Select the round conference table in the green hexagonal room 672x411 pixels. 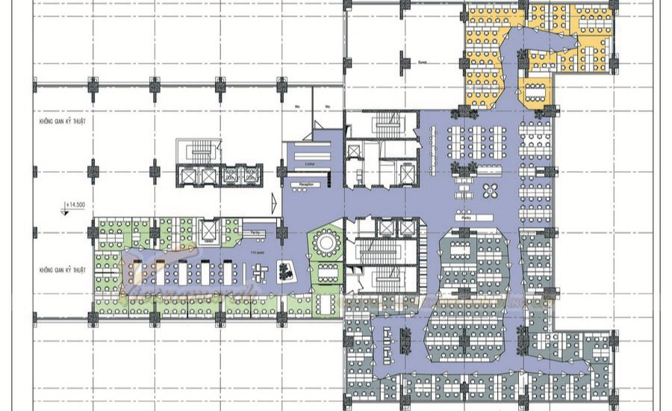point(326,241)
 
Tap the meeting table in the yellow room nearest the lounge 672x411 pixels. point(537,90)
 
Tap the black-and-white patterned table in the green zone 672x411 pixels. point(285,271)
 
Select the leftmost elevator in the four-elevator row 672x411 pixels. point(187,176)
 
